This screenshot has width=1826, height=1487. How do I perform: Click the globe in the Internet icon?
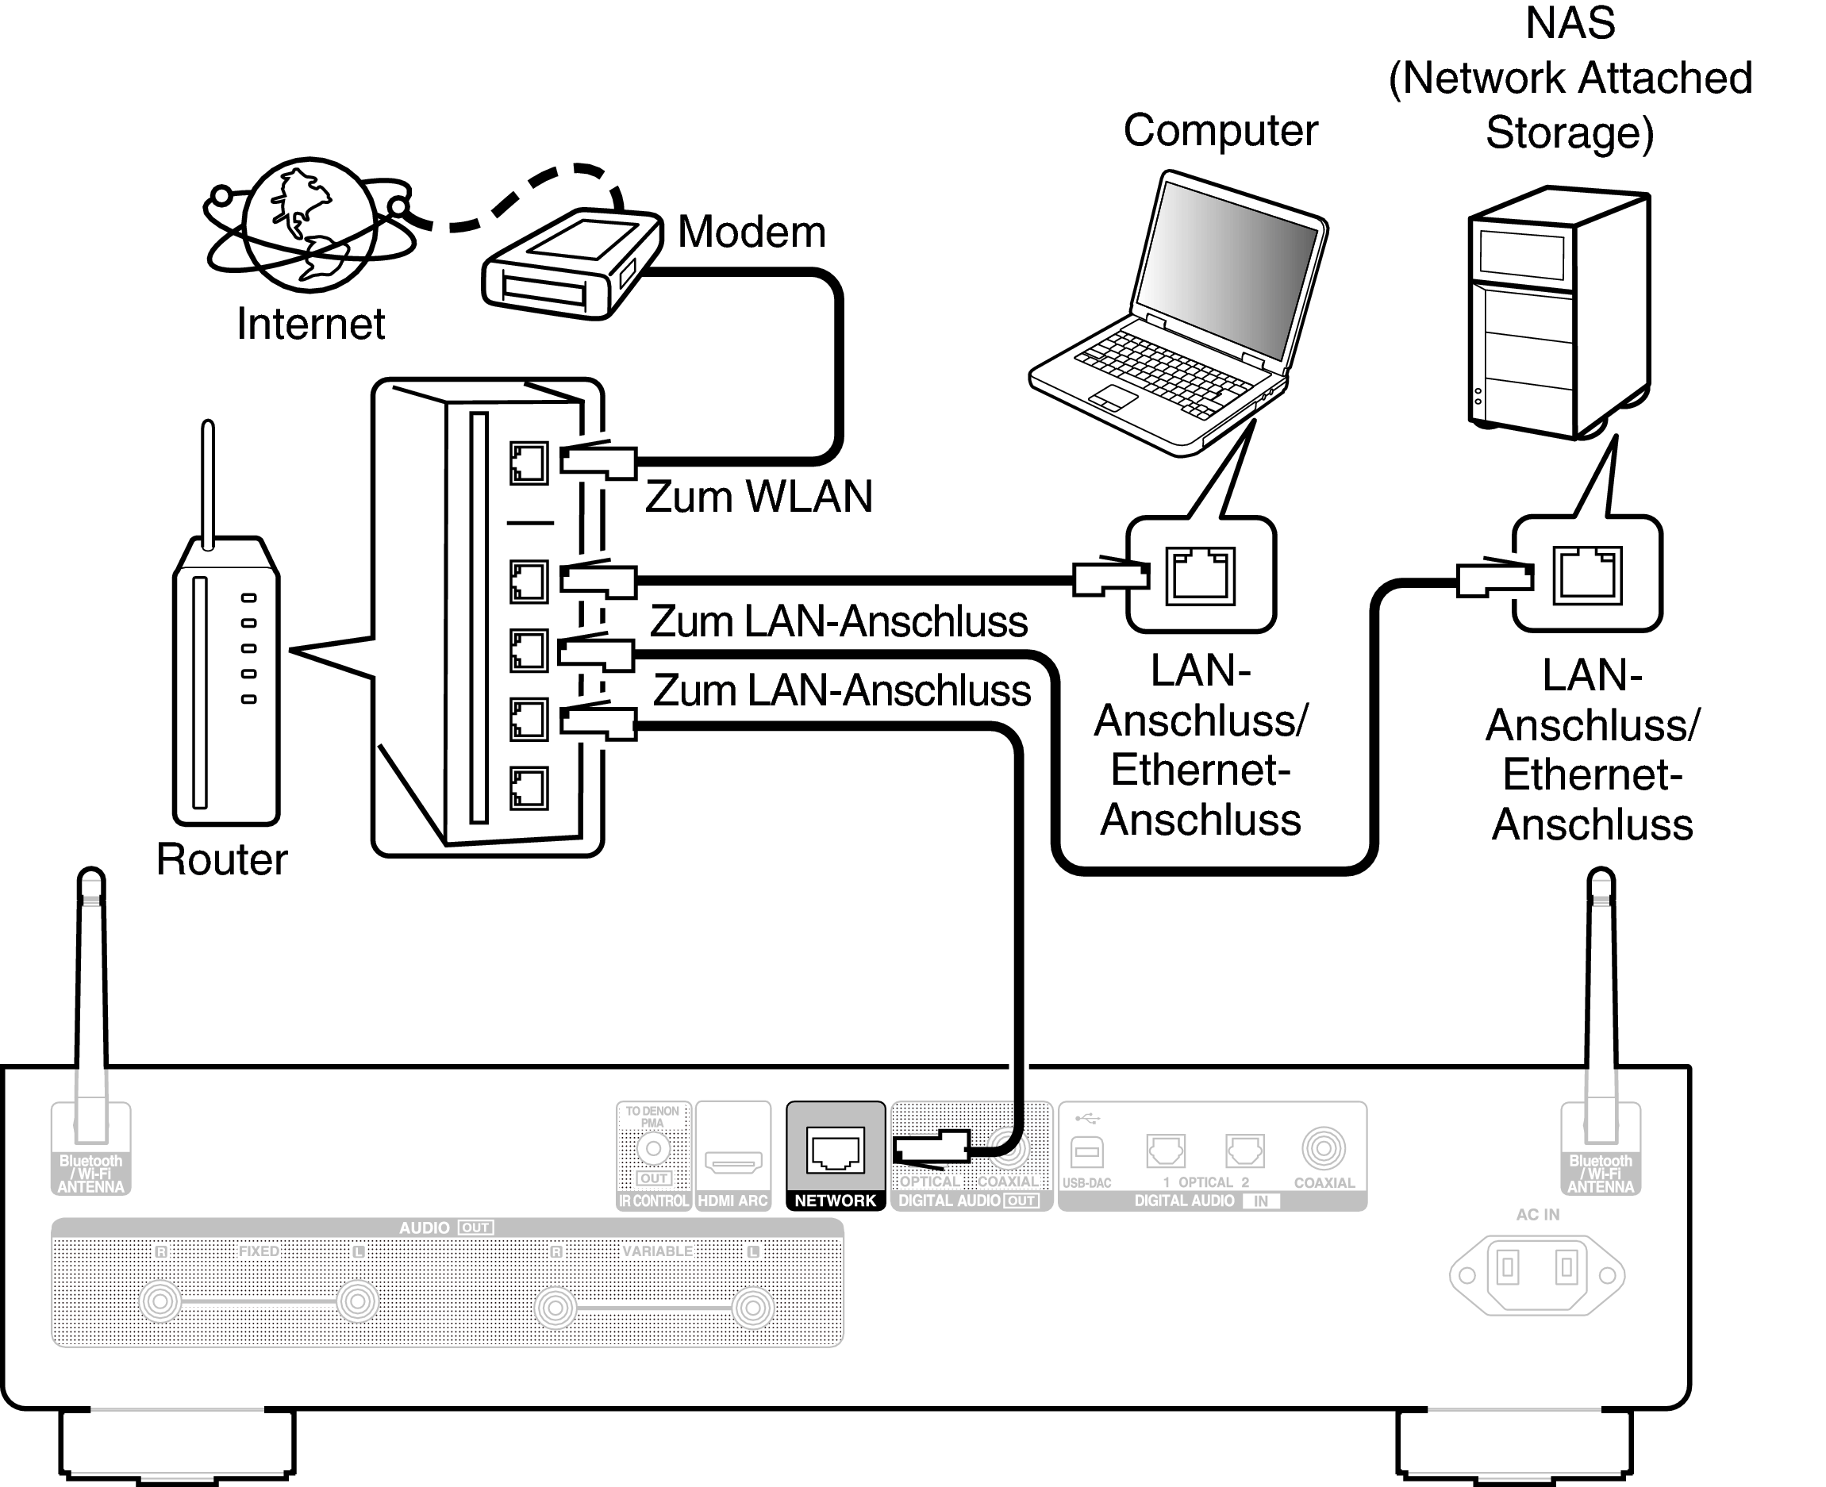[310, 225]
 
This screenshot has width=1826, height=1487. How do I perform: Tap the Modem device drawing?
[572, 263]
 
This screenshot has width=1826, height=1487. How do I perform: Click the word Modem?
[752, 232]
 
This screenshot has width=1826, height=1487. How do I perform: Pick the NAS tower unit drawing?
[1559, 313]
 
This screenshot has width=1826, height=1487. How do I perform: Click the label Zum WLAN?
[758, 497]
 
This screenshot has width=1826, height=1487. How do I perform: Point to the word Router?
[222, 859]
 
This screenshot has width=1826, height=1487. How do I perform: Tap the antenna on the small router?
[207, 480]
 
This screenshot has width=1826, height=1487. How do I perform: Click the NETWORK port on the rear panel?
[835, 1150]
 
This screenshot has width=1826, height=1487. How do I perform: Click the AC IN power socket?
[1536, 1274]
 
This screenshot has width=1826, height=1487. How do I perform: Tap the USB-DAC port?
[1087, 1152]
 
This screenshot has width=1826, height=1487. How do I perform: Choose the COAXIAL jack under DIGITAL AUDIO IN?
[1323, 1149]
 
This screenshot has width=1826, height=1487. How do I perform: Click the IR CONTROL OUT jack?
[652, 1149]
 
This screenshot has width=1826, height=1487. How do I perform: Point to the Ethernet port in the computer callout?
[1200, 575]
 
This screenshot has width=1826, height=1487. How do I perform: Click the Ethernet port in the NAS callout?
[1587, 574]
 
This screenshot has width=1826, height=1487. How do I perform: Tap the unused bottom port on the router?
[529, 788]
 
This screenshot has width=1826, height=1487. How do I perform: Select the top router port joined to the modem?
[529, 463]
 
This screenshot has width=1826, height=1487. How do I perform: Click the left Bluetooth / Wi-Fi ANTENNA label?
[90, 1174]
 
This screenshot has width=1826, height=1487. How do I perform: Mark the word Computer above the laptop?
[1221, 131]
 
